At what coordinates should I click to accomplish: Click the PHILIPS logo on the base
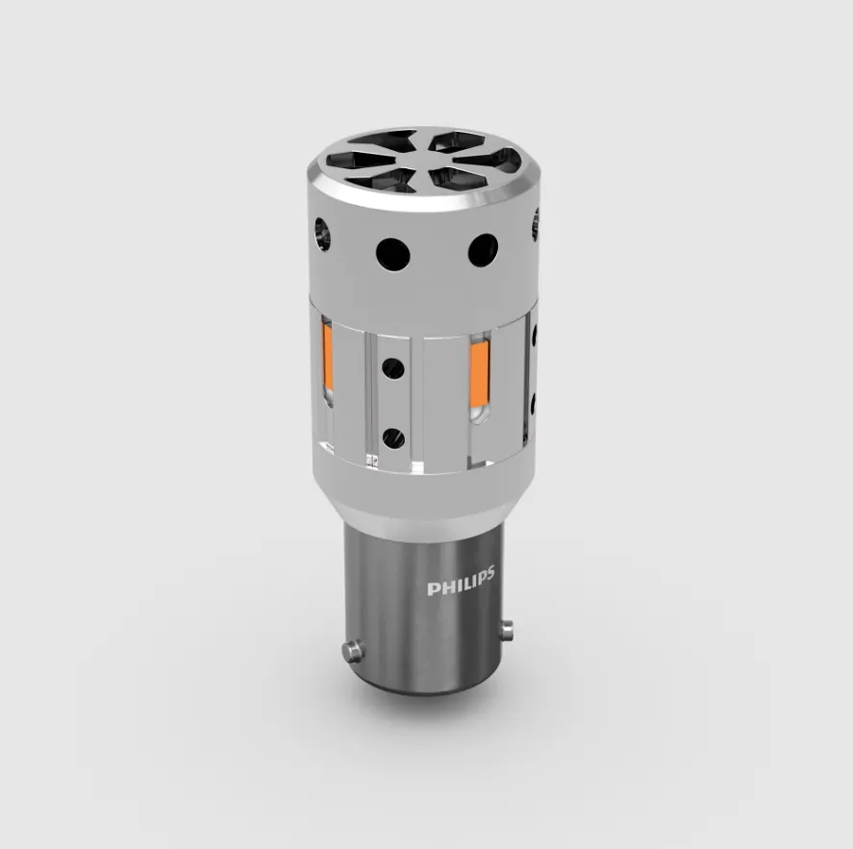click(461, 582)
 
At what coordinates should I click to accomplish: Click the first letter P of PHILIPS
click(433, 589)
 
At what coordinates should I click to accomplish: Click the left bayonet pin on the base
click(353, 651)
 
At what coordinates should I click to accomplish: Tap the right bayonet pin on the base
click(507, 630)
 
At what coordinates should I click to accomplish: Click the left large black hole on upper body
click(392, 255)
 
